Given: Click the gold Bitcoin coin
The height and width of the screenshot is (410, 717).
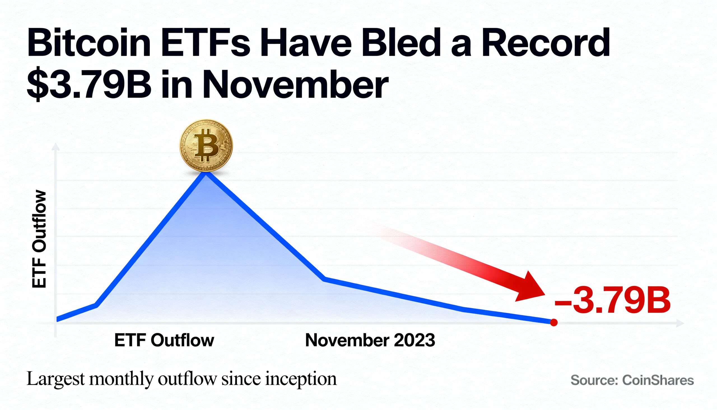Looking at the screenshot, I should click(x=206, y=145).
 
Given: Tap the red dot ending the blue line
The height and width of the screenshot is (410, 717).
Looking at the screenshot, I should click(x=554, y=323).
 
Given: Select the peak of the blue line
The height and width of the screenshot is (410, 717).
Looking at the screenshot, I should click(x=206, y=172).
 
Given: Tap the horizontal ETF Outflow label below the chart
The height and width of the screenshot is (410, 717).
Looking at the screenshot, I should click(x=164, y=340).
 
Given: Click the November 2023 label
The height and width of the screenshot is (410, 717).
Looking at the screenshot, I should click(x=370, y=340).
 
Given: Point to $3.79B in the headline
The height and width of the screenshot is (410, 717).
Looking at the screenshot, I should click(x=89, y=84).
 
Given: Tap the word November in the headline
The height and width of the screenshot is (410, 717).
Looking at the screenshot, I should click(x=295, y=84).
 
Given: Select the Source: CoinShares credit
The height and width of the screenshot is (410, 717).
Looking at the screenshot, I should click(x=632, y=380).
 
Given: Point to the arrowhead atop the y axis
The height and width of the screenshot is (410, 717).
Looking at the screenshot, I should click(x=56, y=146).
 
